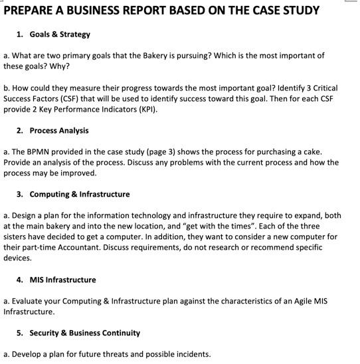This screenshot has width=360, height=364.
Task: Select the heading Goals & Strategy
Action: pos(60,34)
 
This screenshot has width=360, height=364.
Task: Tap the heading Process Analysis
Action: pos(59,130)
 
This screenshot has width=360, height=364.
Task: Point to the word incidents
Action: pos(192,354)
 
